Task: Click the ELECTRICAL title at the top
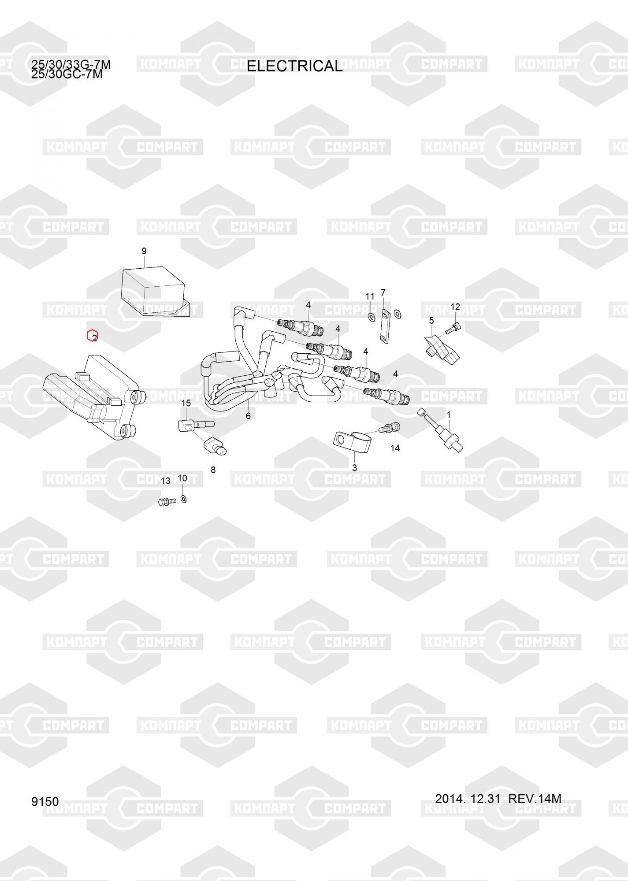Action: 294,66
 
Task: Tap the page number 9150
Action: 45,801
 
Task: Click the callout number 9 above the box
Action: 144,251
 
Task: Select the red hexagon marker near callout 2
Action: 93,336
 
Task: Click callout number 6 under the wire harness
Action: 248,416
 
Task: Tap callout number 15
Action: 186,403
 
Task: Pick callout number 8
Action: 213,470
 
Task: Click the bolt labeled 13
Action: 166,501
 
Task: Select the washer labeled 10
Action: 184,499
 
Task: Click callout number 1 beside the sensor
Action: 449,415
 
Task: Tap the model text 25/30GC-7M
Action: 67,74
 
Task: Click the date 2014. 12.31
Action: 467,798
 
